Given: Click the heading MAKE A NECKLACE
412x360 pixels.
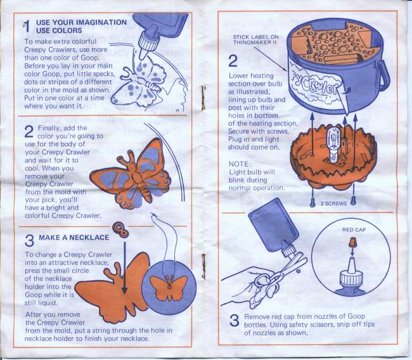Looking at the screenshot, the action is click(74, 238).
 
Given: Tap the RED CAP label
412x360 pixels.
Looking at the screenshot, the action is click(354, 229).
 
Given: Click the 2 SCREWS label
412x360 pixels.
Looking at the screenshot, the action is click(333, 203).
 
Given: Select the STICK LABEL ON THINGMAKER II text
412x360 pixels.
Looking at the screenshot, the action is click(255, 40).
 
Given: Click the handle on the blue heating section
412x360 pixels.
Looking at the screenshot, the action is click(383, 75).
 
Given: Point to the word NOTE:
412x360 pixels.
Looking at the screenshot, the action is click(240, 164).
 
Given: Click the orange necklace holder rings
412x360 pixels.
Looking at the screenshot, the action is click(120, 229).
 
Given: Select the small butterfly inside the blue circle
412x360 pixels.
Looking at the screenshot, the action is click(169, 288).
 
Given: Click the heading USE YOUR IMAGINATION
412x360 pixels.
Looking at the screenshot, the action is click(82, 22).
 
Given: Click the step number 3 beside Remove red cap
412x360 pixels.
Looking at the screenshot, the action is click(234, 321).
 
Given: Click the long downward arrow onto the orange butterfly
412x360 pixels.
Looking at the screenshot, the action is click(124, 267).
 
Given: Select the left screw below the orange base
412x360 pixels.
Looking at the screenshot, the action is click(312, 202).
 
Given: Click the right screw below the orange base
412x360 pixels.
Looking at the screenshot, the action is click(354, 200).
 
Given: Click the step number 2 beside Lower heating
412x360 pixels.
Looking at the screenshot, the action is click(233, 61).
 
